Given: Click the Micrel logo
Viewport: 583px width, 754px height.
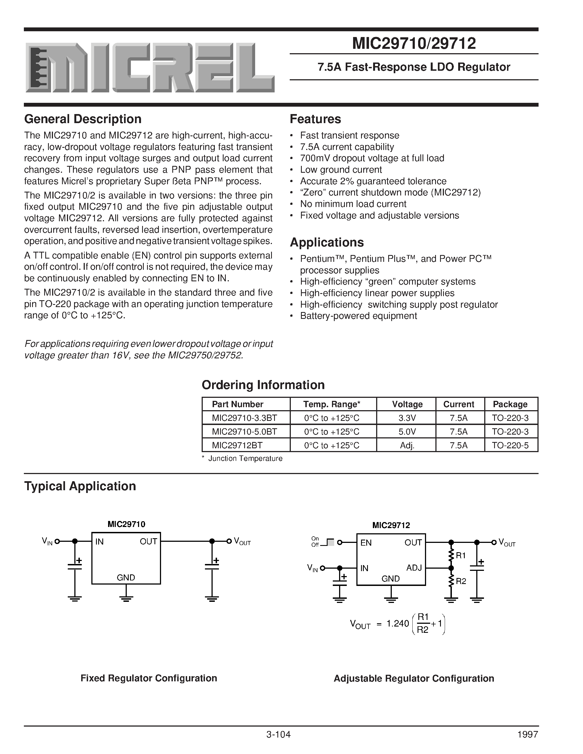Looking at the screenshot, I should click(x=150, y=68).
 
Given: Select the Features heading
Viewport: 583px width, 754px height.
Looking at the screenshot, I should click(x=315, y=119).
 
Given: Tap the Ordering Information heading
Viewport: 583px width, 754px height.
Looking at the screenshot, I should click(x=263, y=385).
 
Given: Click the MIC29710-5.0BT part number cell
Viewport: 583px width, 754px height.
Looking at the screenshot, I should click(x=244, y=432).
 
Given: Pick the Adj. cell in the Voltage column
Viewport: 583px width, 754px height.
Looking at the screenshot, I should click(x=407, y=445).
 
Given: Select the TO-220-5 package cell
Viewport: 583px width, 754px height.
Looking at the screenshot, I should click(x=510, y=445).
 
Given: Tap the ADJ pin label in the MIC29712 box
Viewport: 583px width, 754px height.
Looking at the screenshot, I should click(x=414, y=568).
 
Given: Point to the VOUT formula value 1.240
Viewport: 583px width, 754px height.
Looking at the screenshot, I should click(x=397, y=623).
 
